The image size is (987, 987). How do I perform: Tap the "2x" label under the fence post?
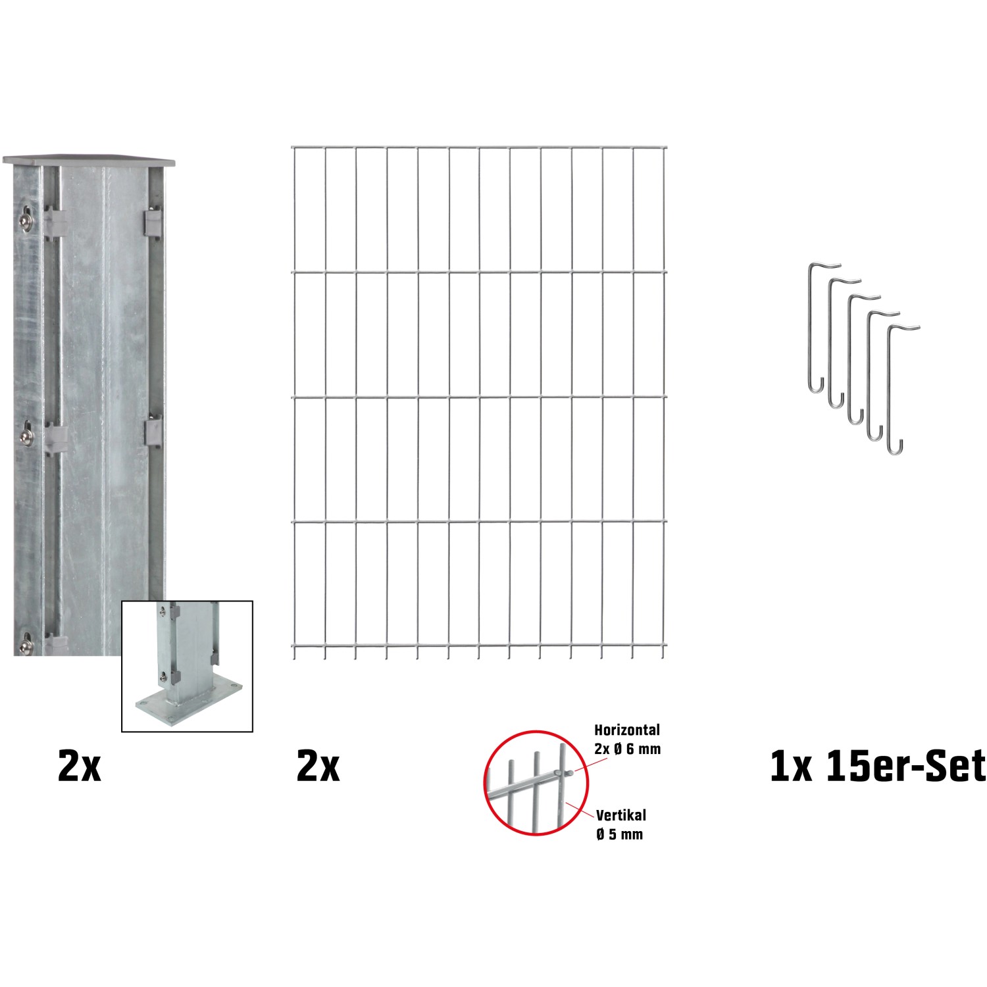pos(80,767)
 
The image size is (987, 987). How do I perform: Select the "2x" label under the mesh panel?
pos(318,767)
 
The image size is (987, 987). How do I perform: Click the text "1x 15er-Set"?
pos(878,767)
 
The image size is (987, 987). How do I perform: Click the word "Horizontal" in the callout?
pos(627,730)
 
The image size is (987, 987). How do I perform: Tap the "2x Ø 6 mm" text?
pos(627,749)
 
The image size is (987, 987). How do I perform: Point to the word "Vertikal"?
pos(621,815)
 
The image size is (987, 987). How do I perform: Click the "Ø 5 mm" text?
pos(619,834)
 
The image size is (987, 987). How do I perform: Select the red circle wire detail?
pos(536,782)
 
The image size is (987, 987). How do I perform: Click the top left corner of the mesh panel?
pos(293,147)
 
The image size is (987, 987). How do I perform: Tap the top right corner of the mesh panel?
pos(665,147)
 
